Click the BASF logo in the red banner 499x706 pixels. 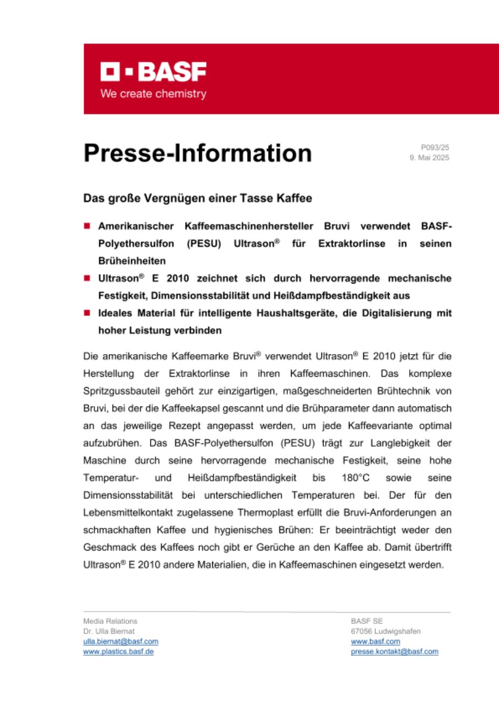tap(153, 72)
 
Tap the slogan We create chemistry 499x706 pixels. tap(153, 94)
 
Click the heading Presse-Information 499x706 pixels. tap(197, 153)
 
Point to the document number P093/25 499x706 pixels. tap(435, 147)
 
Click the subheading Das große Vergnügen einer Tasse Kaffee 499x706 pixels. tap(197, 199)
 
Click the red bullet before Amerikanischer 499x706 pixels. tap(87, 226)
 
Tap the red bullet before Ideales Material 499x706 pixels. tap(87, 313)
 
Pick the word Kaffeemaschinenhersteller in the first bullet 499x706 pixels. tap(266, 226)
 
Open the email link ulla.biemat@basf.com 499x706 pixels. tap(121, 641)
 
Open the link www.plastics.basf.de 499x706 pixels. tap(118, 651)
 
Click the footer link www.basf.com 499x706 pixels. tap(375, 641)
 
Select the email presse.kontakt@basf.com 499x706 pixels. tap(394, 651)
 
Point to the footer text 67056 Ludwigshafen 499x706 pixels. tap(385, 631)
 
